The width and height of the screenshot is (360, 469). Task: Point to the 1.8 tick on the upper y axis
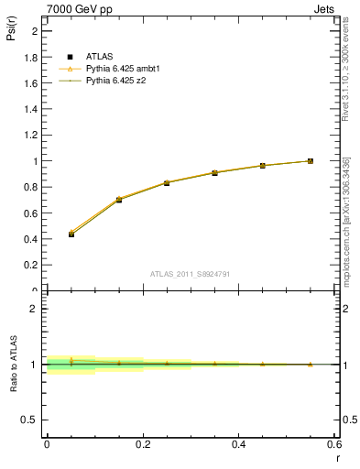[x=32, y=57]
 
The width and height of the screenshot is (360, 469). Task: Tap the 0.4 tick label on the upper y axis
[x=32, y=239]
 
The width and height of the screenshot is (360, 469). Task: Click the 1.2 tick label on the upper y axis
[x=32, y=135]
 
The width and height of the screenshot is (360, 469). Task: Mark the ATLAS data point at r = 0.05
[x=71, y=234]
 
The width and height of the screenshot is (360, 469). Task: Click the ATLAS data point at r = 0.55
[x=311, y=161]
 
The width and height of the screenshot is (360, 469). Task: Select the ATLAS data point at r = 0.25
[x=167, y=183]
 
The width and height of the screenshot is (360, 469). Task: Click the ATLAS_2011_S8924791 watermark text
[x=191, y=273]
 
